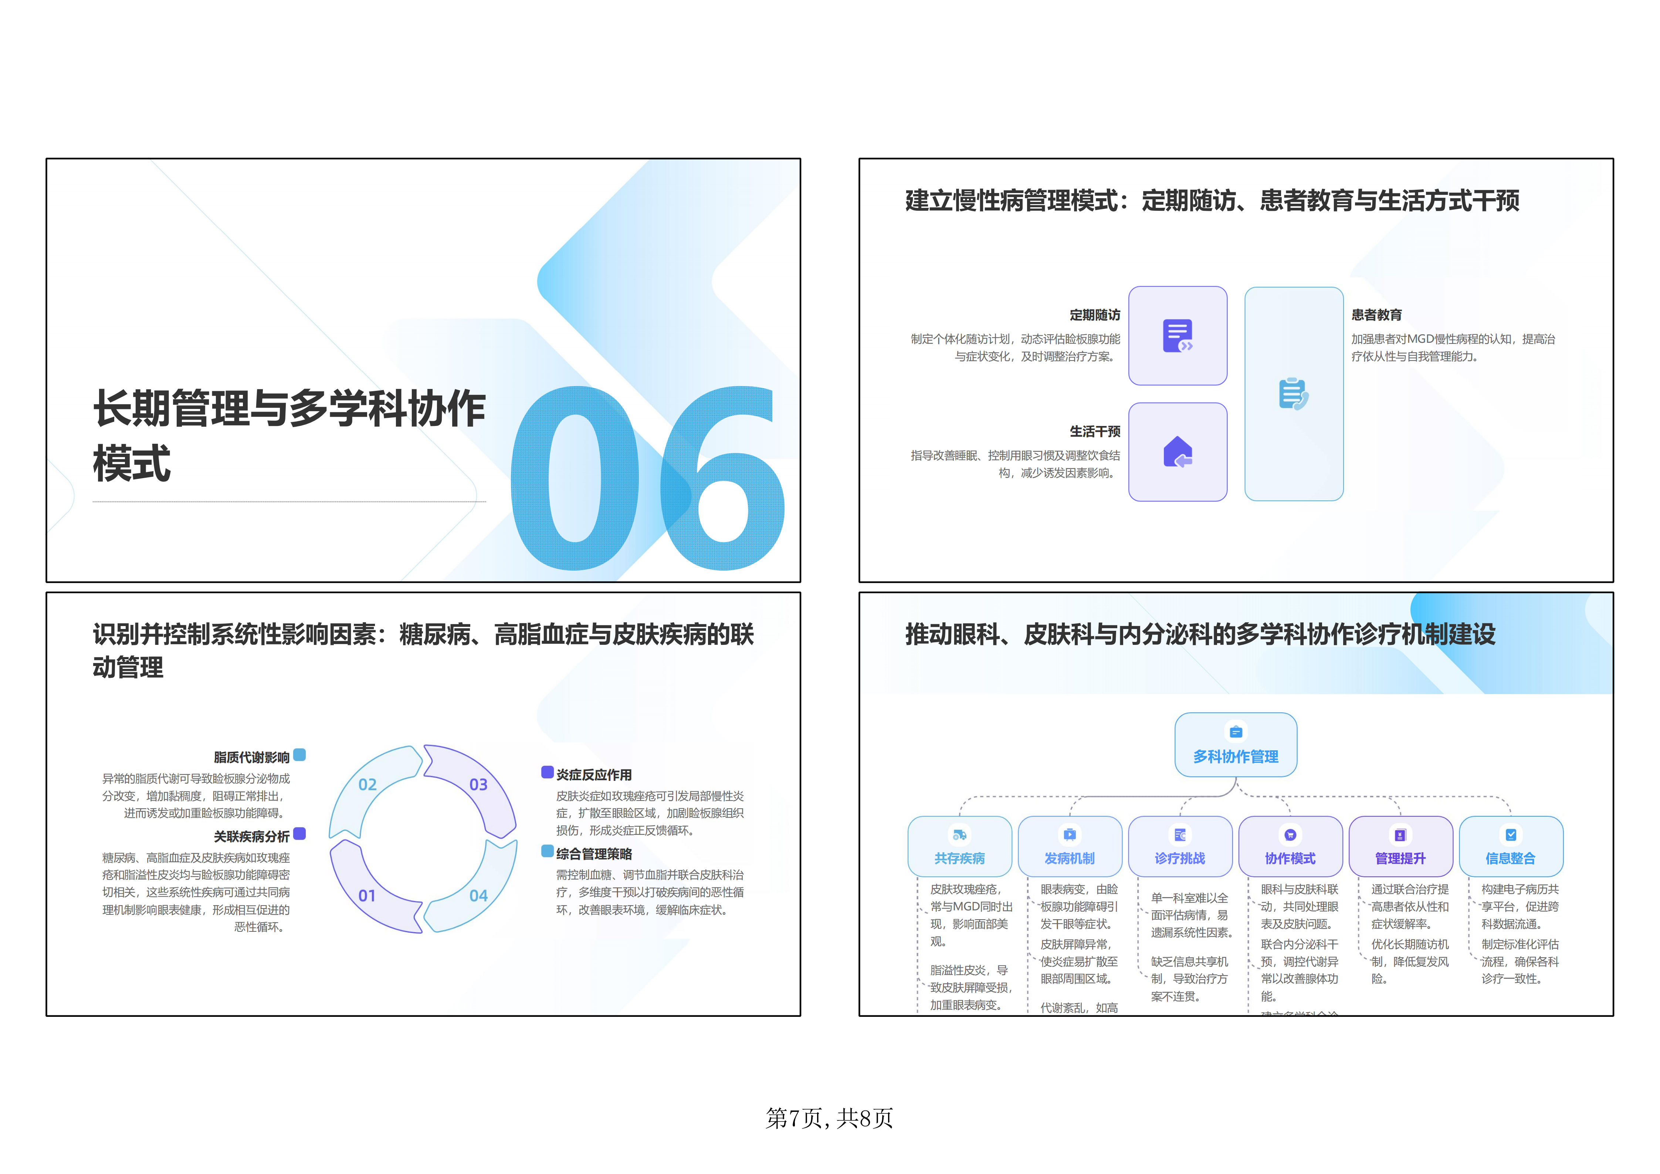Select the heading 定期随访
point(1095,315)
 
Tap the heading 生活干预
point(1095,432)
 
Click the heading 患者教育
point(1376,315)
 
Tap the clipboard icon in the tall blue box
point(1294,394)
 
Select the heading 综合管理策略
point(594,854)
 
